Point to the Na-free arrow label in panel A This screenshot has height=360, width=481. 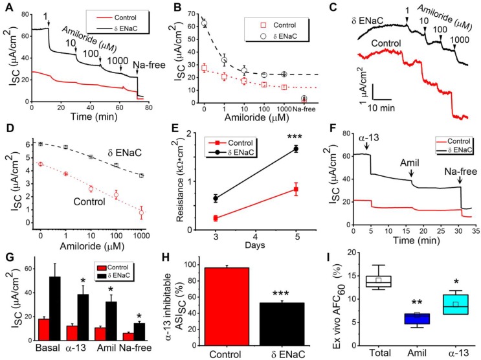coord(146,64)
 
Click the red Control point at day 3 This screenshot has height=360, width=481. coord(214,218)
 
